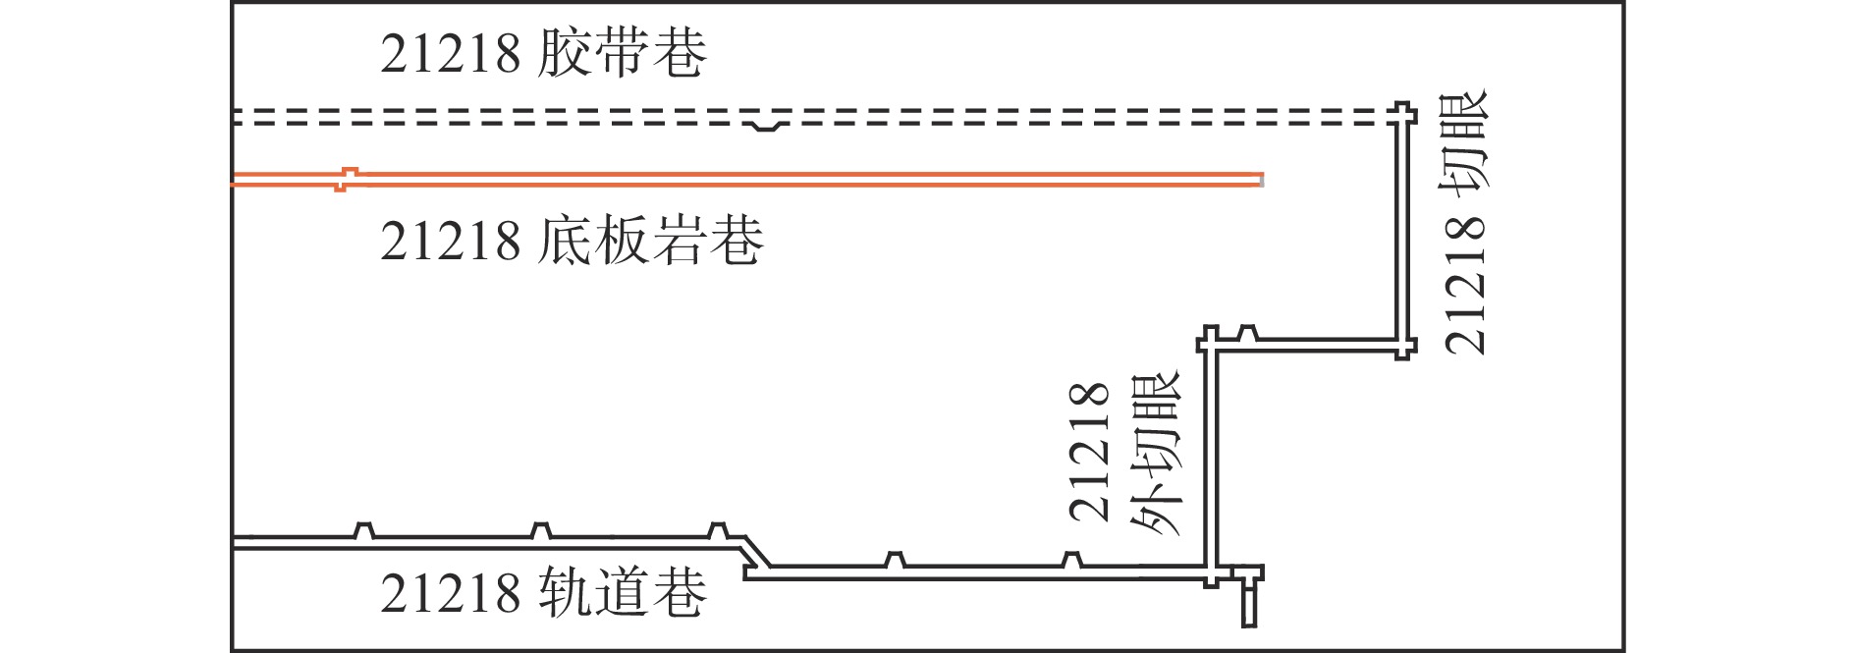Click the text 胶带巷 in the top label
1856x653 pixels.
click(623, 53)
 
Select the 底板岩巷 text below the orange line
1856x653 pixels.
click(651, 241)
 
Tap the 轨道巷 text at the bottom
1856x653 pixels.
click(623, 593)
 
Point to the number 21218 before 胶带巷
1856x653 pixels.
click(450, 54)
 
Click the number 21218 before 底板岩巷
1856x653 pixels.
click(450, 242)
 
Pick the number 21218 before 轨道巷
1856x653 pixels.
click(450, 594)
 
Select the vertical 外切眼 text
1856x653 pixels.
click(1157, 454)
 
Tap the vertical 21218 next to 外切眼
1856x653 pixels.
click(1089, 452)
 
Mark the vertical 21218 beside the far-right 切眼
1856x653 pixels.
click(1465, 285)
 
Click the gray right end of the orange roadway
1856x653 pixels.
click(1261, 180)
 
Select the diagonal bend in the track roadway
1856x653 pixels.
click(756, 555)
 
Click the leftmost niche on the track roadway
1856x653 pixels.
click(363, 531)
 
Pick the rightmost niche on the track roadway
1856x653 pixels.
click(1071, 560)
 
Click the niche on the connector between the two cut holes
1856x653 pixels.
click(1246, 333)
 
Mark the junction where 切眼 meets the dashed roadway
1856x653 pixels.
click(1403, 115)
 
